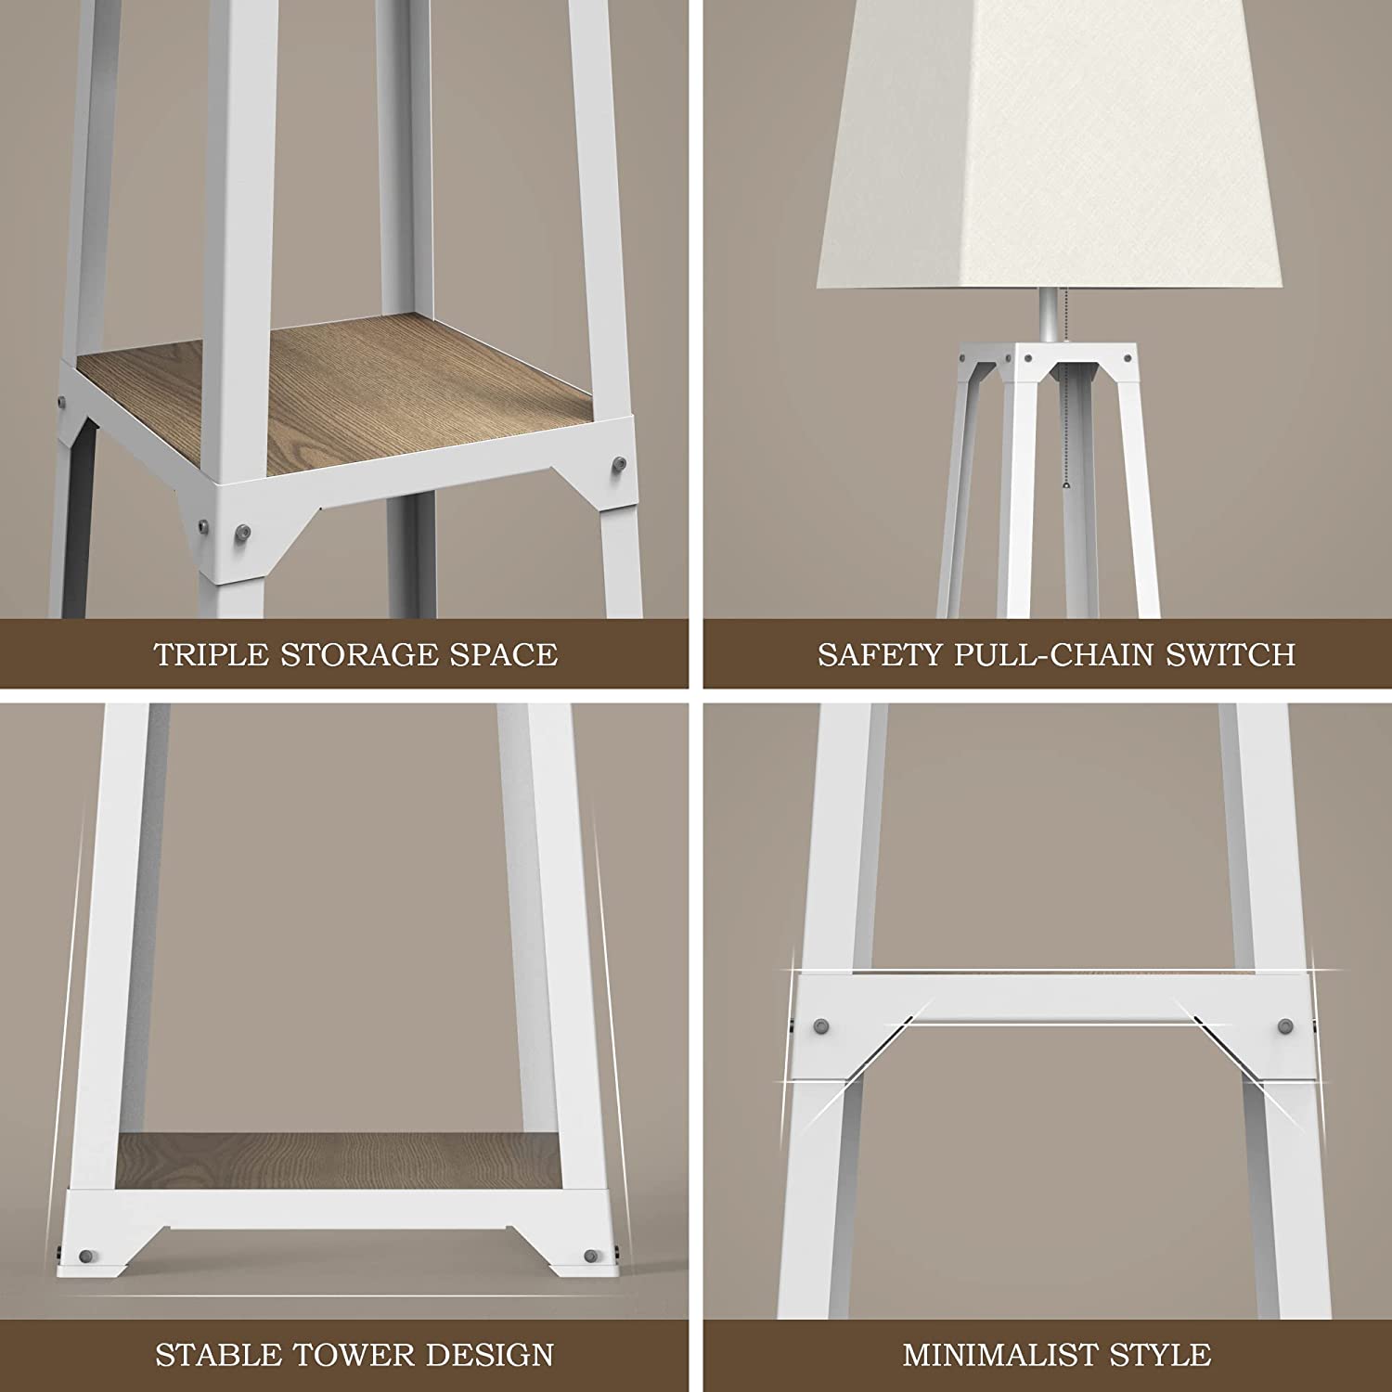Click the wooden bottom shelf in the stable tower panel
(336, 1160)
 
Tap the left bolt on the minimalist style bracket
(821, 1026)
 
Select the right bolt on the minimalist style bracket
(1285, 1026)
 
